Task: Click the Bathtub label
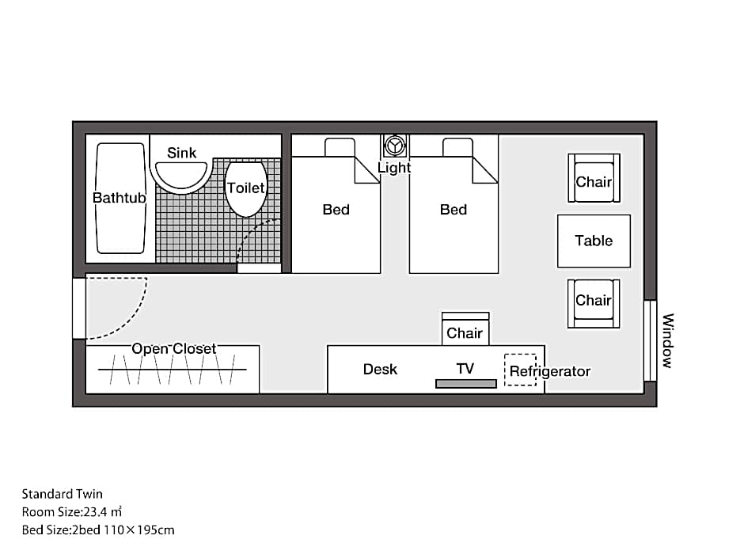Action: pyautogui.click(x=119, y=197)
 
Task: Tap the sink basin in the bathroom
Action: pyautogui.click(x=182, y=176)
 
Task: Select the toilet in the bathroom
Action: pyautogui.click(x=245, y=189)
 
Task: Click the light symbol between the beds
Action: pyautogui.click(x=394, y=146)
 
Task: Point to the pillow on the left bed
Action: pyautogui.click(x=340, y=147)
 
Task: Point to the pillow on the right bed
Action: pyautogui.click(x=458, y=147)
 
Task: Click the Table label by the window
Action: pyautogui.click(x=594, y=241)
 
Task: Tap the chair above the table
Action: pyautogui.click(x=594, y=178)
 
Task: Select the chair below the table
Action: pyautogui.click(x=594, y=304)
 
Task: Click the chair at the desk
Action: pyautogui.click(x=465, y=328)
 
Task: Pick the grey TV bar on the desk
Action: pyautogui.click(x=466, y=384)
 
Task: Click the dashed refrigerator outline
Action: pyautogui.click(x=521, y=370)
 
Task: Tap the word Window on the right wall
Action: pyautogui.click(x=667, y=340)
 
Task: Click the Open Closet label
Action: pyautogui.click(x=173, y=349)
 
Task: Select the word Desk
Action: pyautogui.click(x=380, y=369)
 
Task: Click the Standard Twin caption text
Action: pyautogui.click(x=63, y=494)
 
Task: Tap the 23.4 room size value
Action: pyautogui.click(x=95, y=512)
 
